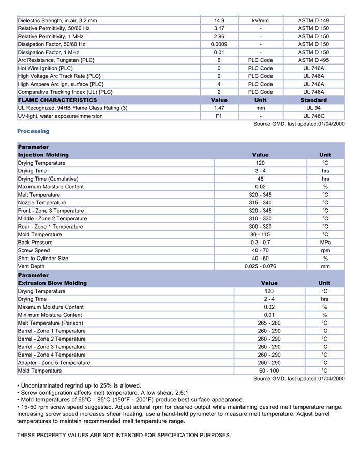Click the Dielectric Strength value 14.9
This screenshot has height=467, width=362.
point(219,21)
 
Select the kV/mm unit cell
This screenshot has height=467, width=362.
point(260,21)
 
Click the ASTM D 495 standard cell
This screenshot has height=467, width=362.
point(313,60)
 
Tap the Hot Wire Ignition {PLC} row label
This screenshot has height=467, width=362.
point(46,68)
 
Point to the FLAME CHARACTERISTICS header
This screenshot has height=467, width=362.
point(57,100)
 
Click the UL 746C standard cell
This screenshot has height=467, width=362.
point(313,116)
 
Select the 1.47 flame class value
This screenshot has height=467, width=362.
point(219,108)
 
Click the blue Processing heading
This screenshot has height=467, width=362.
point(33,131)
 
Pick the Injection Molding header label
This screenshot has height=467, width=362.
point(43,155)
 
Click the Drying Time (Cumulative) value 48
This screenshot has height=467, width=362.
point(260,179)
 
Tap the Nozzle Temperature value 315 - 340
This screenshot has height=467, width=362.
point(260,203)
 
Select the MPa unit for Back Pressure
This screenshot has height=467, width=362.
point(325,243)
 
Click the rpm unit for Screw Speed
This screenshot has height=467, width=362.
point(325,250)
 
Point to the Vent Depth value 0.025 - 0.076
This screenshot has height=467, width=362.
point(260,266)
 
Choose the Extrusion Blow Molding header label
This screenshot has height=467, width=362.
point(52,283)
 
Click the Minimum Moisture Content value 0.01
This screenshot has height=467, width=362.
point(269,315)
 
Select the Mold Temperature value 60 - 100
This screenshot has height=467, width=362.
point(269,371)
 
